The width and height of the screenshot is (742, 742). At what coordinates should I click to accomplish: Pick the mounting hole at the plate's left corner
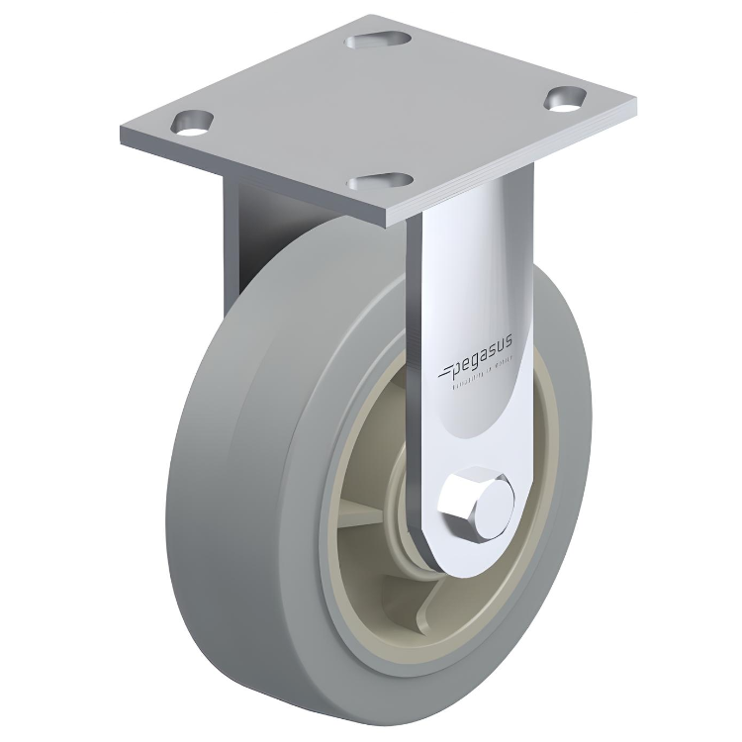tap(192, 123)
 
